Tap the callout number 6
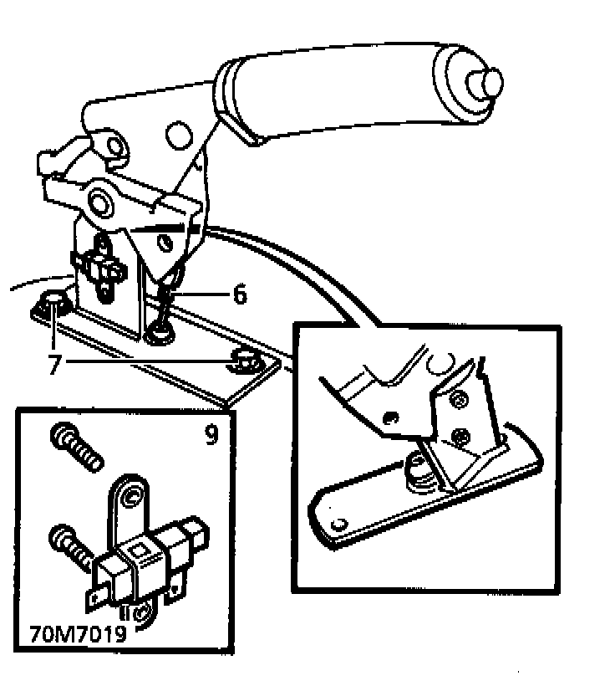(x=240, y=294)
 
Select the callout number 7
(x=54, y=365)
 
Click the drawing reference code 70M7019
(x=77, y=633)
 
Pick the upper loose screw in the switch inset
(x=76, y=447)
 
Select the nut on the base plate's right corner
(x=243, y=361)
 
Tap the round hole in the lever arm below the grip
(x=177, y=131)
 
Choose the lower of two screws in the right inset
(x=459, y=435)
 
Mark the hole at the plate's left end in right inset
(x=338, y=524)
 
